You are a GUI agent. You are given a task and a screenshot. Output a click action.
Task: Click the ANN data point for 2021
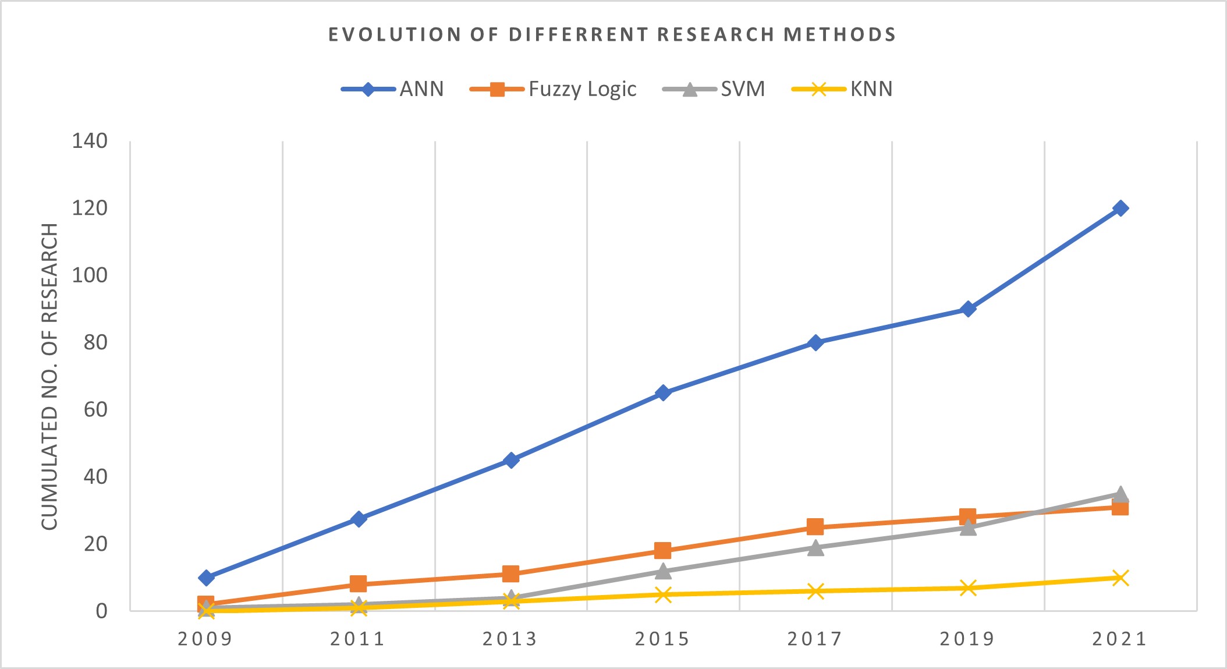pos(1120,208)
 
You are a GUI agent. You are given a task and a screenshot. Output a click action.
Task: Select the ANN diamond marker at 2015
pos(663,393)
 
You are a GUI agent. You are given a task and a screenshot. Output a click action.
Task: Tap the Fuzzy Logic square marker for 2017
pos(815,527)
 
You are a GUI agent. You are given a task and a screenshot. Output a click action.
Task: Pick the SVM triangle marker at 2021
pos(1120,494)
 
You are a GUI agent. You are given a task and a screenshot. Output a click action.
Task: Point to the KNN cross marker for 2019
pos(967,587)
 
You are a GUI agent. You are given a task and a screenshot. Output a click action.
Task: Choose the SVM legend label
pos(743,89)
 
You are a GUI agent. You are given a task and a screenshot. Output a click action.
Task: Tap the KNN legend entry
pos(871,89)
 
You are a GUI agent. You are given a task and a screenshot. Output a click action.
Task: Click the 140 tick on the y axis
pos(90,141)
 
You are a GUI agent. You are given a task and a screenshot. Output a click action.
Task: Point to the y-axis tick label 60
pos(95,409)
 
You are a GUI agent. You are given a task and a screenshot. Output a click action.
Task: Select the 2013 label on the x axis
pos(510,639)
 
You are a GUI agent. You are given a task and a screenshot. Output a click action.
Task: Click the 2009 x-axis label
pos(205,639)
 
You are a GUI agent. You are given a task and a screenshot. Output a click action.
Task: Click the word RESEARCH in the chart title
pos(717,34)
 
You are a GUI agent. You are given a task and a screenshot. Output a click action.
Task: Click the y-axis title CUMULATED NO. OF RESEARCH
pos(50,376)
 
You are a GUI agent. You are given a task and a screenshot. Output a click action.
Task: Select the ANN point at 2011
pos(359,519)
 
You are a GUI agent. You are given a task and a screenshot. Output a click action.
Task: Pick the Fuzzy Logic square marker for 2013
pos(510,574)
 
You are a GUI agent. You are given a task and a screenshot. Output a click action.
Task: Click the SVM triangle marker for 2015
pos(663,571)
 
